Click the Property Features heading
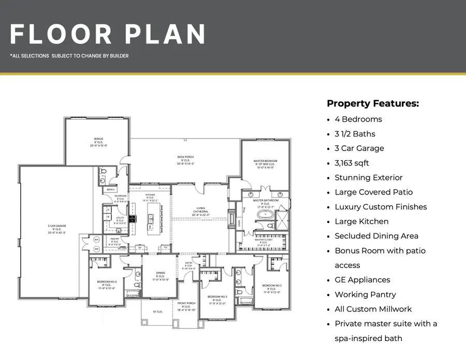click(372, 103)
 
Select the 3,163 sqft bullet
click(352, 163)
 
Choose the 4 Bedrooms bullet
click(358, 119)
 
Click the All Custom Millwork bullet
click(373, 309)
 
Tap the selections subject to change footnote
click(69, 56)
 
